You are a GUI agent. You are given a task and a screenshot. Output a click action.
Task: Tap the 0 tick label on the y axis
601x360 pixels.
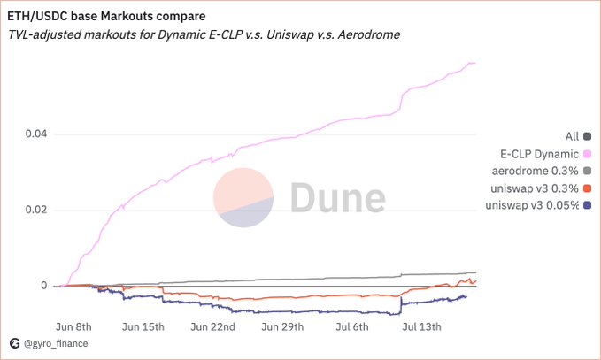42,286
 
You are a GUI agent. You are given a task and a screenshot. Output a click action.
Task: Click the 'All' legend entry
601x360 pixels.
572,136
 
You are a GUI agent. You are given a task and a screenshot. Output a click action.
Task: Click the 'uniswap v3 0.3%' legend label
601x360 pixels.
533,188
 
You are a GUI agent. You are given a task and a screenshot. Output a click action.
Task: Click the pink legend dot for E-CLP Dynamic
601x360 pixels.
587,153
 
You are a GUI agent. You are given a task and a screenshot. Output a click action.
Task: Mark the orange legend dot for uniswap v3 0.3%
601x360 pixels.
587,188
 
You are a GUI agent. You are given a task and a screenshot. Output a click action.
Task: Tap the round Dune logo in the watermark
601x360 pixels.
243,197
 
